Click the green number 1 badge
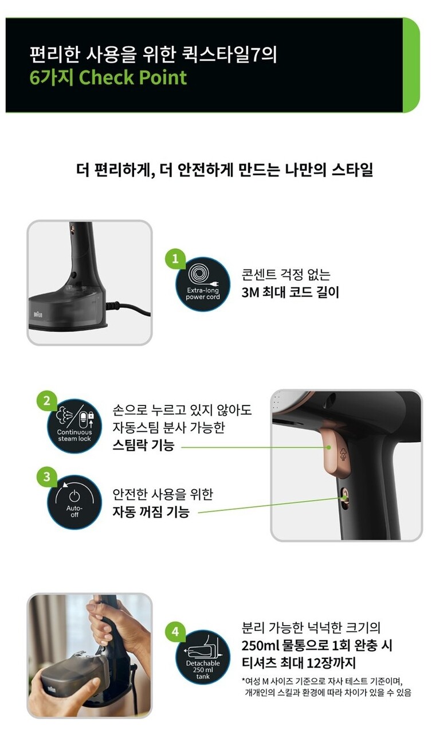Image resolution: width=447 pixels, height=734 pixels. coord(175,259)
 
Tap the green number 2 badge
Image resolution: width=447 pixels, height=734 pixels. coord(47,400)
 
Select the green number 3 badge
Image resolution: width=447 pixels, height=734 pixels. coord(47,477)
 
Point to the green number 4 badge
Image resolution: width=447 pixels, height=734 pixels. coord(175,631)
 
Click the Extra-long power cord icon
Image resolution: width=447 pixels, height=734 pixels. coord(203,284)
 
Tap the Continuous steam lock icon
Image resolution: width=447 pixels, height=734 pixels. coord(74,426)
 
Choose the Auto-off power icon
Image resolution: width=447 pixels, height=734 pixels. coord(74,502)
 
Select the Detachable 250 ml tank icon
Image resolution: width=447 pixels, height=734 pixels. coord(203,657)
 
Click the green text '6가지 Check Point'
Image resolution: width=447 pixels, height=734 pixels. coord(108,77)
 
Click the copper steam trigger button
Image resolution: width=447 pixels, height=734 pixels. coord(336,452)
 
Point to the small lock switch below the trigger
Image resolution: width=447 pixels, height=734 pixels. coord(344,498)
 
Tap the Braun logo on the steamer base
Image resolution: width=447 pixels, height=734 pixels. coord(38,315)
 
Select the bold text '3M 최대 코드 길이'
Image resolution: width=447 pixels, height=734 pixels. coord(290,292)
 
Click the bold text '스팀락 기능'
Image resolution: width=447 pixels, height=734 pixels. coord(143,445)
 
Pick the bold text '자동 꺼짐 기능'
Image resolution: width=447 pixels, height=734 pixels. coord(151,512)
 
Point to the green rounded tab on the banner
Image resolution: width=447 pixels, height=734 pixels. coord(411,65)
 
